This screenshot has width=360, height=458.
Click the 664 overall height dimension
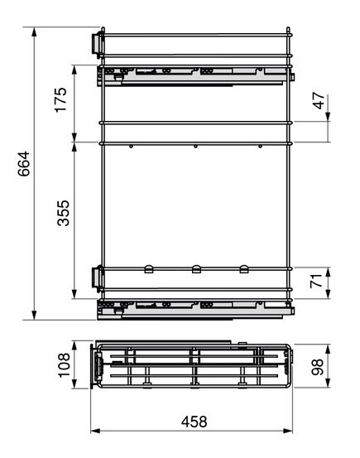[x=24, y=164]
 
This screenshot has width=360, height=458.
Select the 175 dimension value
[x=61, y=99]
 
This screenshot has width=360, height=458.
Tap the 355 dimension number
[x=64, y=213]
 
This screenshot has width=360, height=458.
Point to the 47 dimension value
[x=319, y=101]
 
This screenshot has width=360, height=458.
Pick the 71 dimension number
[x=316, y=281]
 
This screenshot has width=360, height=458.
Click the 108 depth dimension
[x=64, y=365]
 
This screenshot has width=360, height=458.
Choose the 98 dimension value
[x=317, y=367]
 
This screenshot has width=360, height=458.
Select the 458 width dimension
[x=194, y=422]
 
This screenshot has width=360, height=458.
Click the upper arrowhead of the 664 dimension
[x=34, y=31]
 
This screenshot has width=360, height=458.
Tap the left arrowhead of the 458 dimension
[x=95, y=431]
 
